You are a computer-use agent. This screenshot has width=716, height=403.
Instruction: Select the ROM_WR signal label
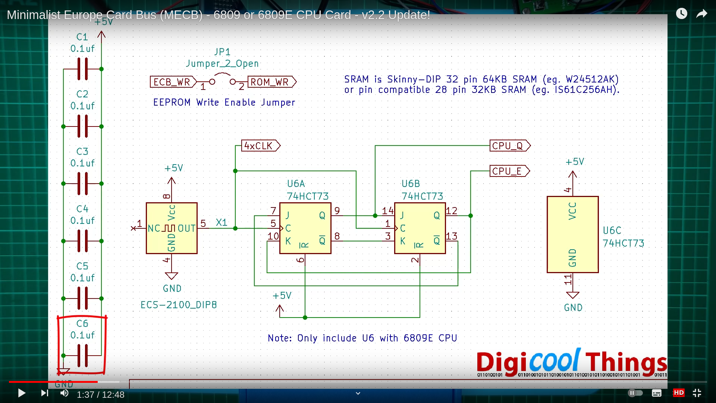coord(272,82)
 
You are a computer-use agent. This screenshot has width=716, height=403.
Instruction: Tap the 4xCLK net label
coord(261,146)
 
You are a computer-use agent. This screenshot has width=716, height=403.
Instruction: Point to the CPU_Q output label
coord(510,146)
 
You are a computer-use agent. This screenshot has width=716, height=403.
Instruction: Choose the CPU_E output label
coord(509,171)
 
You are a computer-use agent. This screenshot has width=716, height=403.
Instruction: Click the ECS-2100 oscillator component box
coord(172,228)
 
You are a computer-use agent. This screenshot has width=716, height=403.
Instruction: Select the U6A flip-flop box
coord(305,228)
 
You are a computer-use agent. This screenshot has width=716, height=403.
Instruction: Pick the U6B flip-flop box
coord(420,228)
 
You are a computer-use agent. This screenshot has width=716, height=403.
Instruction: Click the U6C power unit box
coord(572,234)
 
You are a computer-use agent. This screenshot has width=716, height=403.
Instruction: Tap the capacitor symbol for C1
coord(82,69)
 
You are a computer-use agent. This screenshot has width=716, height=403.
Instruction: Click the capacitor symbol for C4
coord(82,241)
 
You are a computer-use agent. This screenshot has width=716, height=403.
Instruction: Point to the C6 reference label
coord(82,324)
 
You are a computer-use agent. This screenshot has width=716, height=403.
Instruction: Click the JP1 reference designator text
coord(222,52)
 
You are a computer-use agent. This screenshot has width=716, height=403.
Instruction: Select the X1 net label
coord(222,222)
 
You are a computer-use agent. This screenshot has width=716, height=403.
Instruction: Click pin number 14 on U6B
coord(387,211)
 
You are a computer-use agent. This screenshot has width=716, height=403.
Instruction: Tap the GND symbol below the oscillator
coord(172,276)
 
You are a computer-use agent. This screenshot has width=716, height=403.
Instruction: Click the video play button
coord(22,393)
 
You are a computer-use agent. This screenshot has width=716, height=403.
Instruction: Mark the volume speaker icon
coord(65,393)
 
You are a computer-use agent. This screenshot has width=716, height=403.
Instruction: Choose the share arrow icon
coord(702,14)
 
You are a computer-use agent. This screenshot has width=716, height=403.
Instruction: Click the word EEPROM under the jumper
coord(172,102)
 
